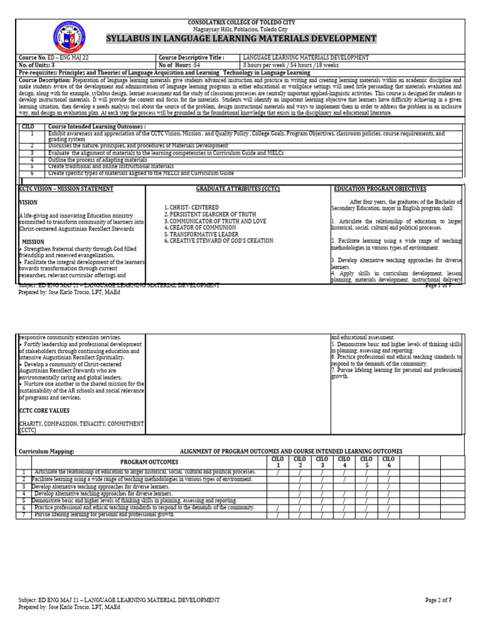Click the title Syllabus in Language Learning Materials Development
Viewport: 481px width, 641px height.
click(241, 39)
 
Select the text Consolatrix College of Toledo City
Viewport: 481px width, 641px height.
click(241, 23)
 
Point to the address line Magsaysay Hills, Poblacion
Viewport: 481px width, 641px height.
click(241, 29)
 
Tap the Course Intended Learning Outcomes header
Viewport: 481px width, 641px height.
click(97, 126)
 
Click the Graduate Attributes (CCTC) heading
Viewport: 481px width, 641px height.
click(238, 189)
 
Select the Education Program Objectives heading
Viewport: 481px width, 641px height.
click(380, 189)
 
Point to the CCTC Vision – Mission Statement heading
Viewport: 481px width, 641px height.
click(66, 189)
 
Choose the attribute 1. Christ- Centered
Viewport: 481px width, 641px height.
click(191, 207)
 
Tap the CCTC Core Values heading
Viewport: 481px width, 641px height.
click(44, 411)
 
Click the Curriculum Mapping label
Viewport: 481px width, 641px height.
click(46, 451)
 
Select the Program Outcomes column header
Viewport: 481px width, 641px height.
click(149, 462)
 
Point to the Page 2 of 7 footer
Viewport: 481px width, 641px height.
click(438, 600)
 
